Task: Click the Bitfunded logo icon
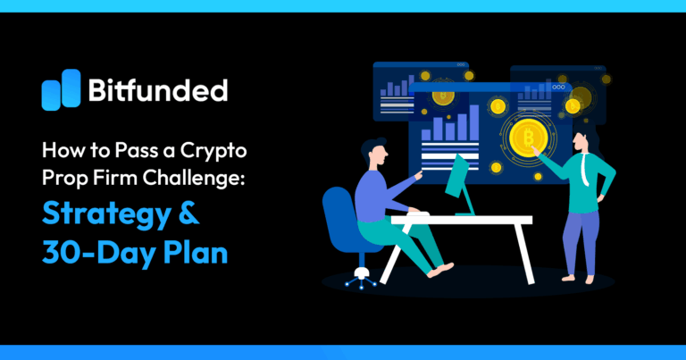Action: pyautogui.click(x=61, y=89)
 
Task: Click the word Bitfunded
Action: pyautogui.click(x=157, y=90)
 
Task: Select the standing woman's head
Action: pyautogui.click(x=581, y=139)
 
